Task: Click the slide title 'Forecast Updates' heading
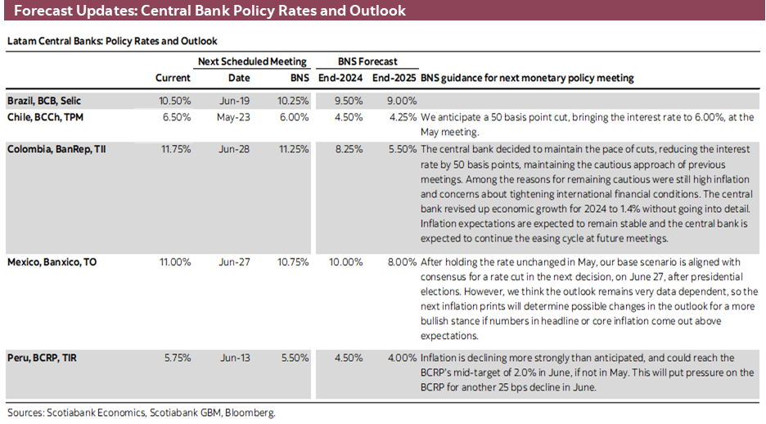(210, 11)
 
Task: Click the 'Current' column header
(173, 78)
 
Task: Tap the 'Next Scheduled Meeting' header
(252, 61)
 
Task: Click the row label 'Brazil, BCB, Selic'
(44, 101)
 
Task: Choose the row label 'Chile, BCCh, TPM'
(44, 117)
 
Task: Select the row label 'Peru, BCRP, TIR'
(42, 358)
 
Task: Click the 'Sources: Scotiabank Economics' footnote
(141, 413)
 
